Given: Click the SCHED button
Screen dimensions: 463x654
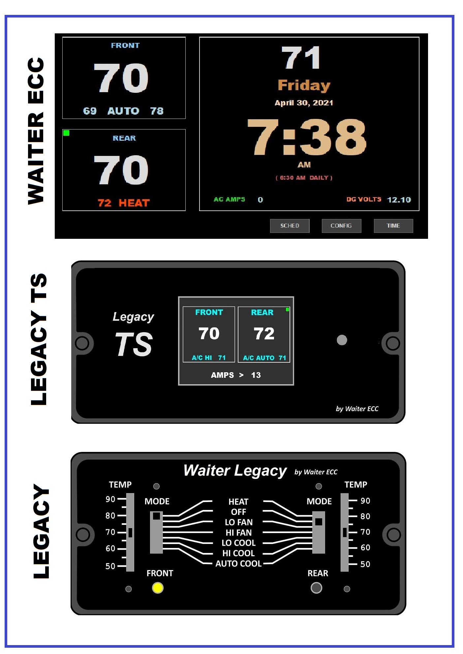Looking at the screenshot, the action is point(290,226).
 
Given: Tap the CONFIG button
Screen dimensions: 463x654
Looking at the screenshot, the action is point(341,226).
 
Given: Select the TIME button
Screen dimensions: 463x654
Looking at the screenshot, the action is point(393,226).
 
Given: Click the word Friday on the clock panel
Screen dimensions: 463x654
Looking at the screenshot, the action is point(304,85).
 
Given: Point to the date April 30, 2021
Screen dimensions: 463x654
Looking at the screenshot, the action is point(304,103).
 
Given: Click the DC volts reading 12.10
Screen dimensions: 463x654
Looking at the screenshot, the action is point(399,200).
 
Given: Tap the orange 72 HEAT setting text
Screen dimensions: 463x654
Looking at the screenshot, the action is point(124,203).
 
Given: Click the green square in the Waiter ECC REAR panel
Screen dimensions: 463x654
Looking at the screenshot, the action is point(66,133).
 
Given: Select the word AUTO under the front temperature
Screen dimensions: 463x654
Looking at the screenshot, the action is point(123,111).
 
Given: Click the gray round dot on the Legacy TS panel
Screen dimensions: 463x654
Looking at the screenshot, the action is point(342,340).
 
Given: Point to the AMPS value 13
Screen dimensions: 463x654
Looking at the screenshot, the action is point(256,375).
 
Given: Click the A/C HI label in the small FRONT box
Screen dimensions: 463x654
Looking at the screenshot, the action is point(202,358).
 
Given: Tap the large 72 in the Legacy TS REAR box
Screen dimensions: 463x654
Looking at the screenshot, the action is point(264,334).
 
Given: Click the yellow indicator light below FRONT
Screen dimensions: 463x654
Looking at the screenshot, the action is point(158,588).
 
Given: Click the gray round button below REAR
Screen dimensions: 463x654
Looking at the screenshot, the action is point(316,588).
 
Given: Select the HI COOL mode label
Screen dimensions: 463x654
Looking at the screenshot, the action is point(238,553).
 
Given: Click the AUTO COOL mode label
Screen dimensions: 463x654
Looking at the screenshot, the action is point(238,563).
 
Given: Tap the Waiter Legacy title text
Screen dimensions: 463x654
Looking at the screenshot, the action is point(235,471).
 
